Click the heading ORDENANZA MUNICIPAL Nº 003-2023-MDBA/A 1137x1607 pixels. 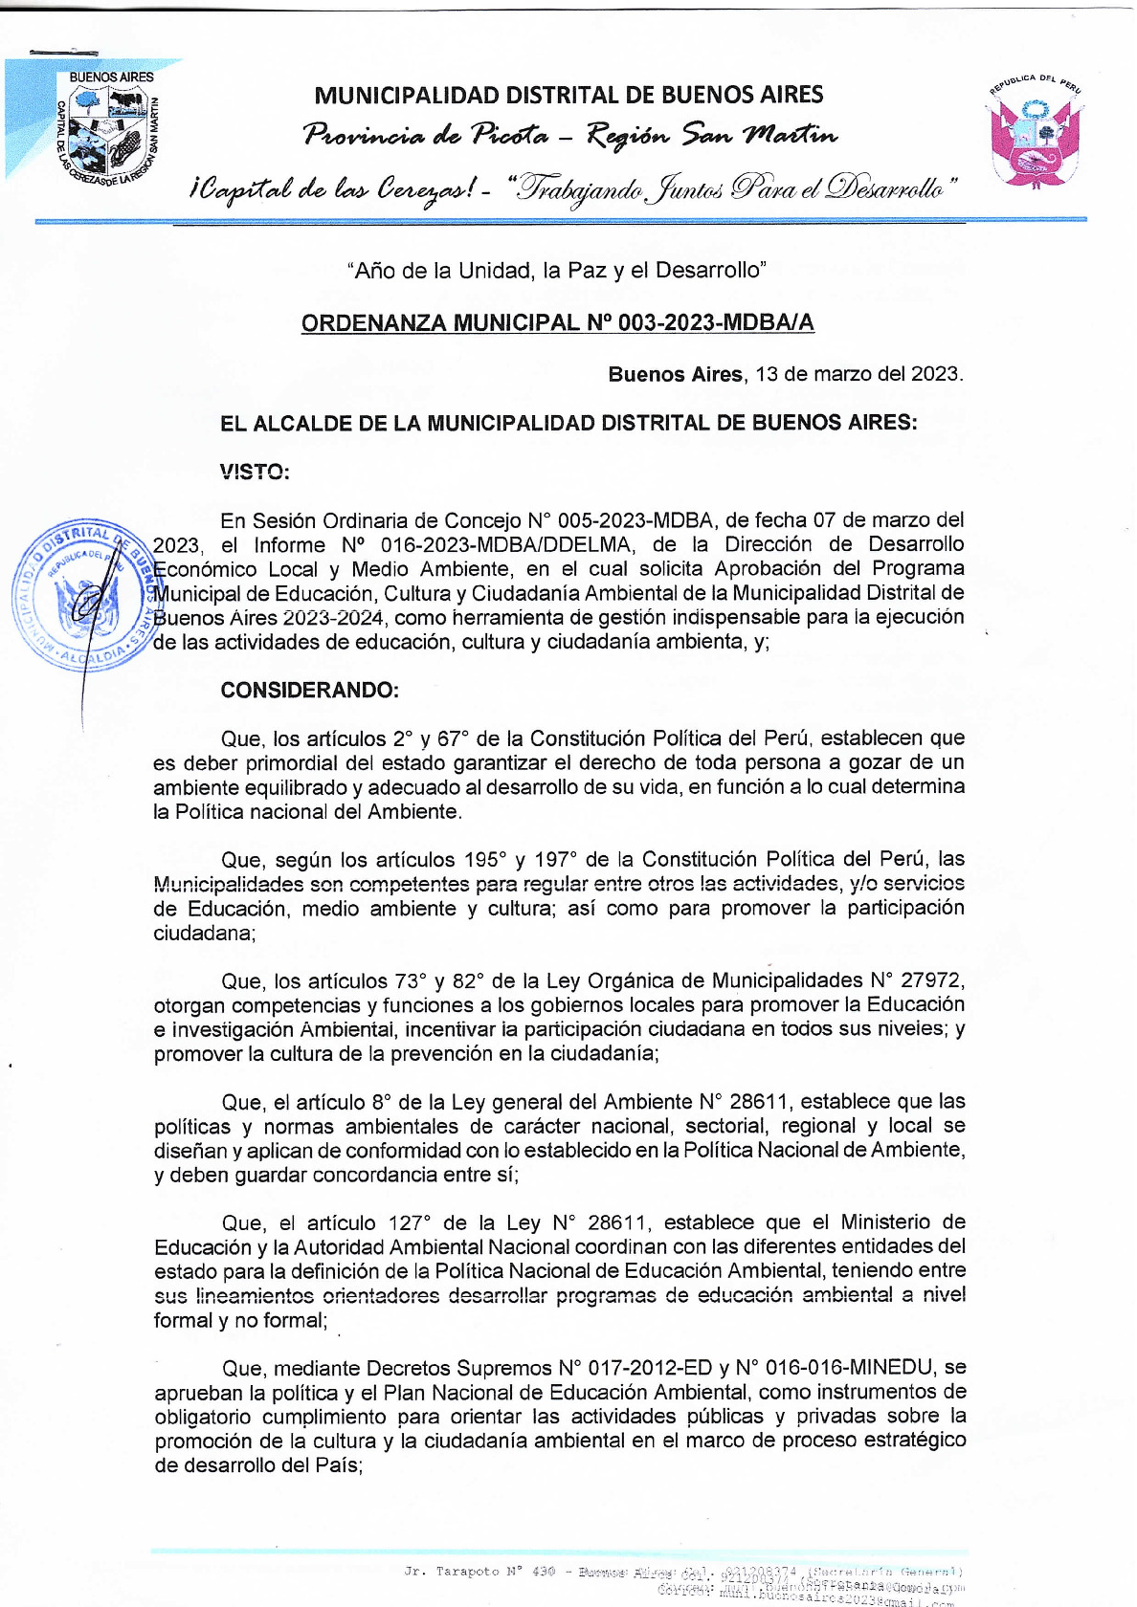[x=557, y=323]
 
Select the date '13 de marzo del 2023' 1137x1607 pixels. [x=858, y=374]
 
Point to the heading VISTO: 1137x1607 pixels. [x=254, y=472]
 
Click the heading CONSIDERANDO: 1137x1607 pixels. [x=309, y=691]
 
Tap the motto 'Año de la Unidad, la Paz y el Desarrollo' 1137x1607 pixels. [x=557, y=271]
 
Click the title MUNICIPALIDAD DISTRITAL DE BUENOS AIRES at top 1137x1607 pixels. [x=568, y=95]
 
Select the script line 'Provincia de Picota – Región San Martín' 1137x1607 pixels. [x=570, y=135]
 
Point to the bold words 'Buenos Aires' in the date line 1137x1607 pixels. [x=675, y=374]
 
